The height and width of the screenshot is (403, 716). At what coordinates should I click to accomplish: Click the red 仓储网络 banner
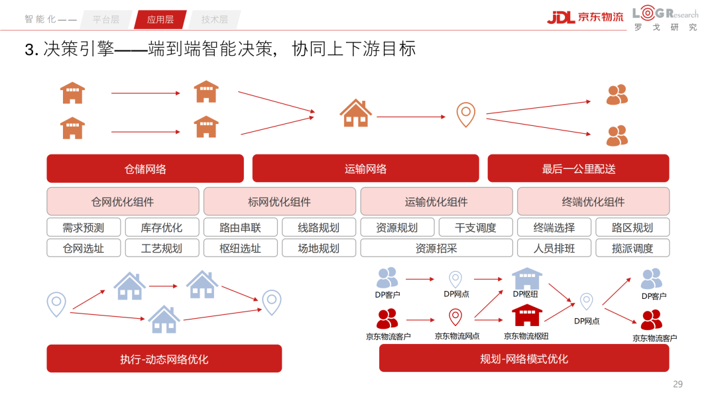coord(145,168)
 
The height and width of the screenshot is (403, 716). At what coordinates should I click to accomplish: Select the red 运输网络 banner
coord(365,168)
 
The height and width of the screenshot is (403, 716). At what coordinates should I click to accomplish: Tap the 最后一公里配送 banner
coord(578,168)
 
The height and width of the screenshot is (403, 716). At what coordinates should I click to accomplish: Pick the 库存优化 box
coord(162,227)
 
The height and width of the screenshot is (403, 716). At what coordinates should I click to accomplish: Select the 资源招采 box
coord(436,249)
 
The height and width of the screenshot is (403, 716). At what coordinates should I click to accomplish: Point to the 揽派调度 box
coord(632,249)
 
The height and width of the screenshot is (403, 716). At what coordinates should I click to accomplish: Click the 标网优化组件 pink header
coord(279,201)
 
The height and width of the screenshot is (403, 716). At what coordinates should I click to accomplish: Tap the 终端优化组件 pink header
coord(593,201)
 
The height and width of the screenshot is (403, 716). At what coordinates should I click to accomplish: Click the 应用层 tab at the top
coord(160,19)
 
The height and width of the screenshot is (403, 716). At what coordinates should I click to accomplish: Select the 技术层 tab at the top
coord(214,19)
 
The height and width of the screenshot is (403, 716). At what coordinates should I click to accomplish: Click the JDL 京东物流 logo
coord(585,17)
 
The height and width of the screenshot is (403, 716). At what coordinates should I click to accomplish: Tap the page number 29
coord(678,384)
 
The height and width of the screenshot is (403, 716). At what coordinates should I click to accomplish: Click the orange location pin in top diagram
coord(465,114)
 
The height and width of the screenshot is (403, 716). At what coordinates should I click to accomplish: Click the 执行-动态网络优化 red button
coord(164,359)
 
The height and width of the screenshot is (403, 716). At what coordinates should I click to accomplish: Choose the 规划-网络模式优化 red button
coord(524,359)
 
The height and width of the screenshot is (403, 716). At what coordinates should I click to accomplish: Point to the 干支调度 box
coord(475,227)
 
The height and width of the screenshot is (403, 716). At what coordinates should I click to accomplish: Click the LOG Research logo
coord(665,19)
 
